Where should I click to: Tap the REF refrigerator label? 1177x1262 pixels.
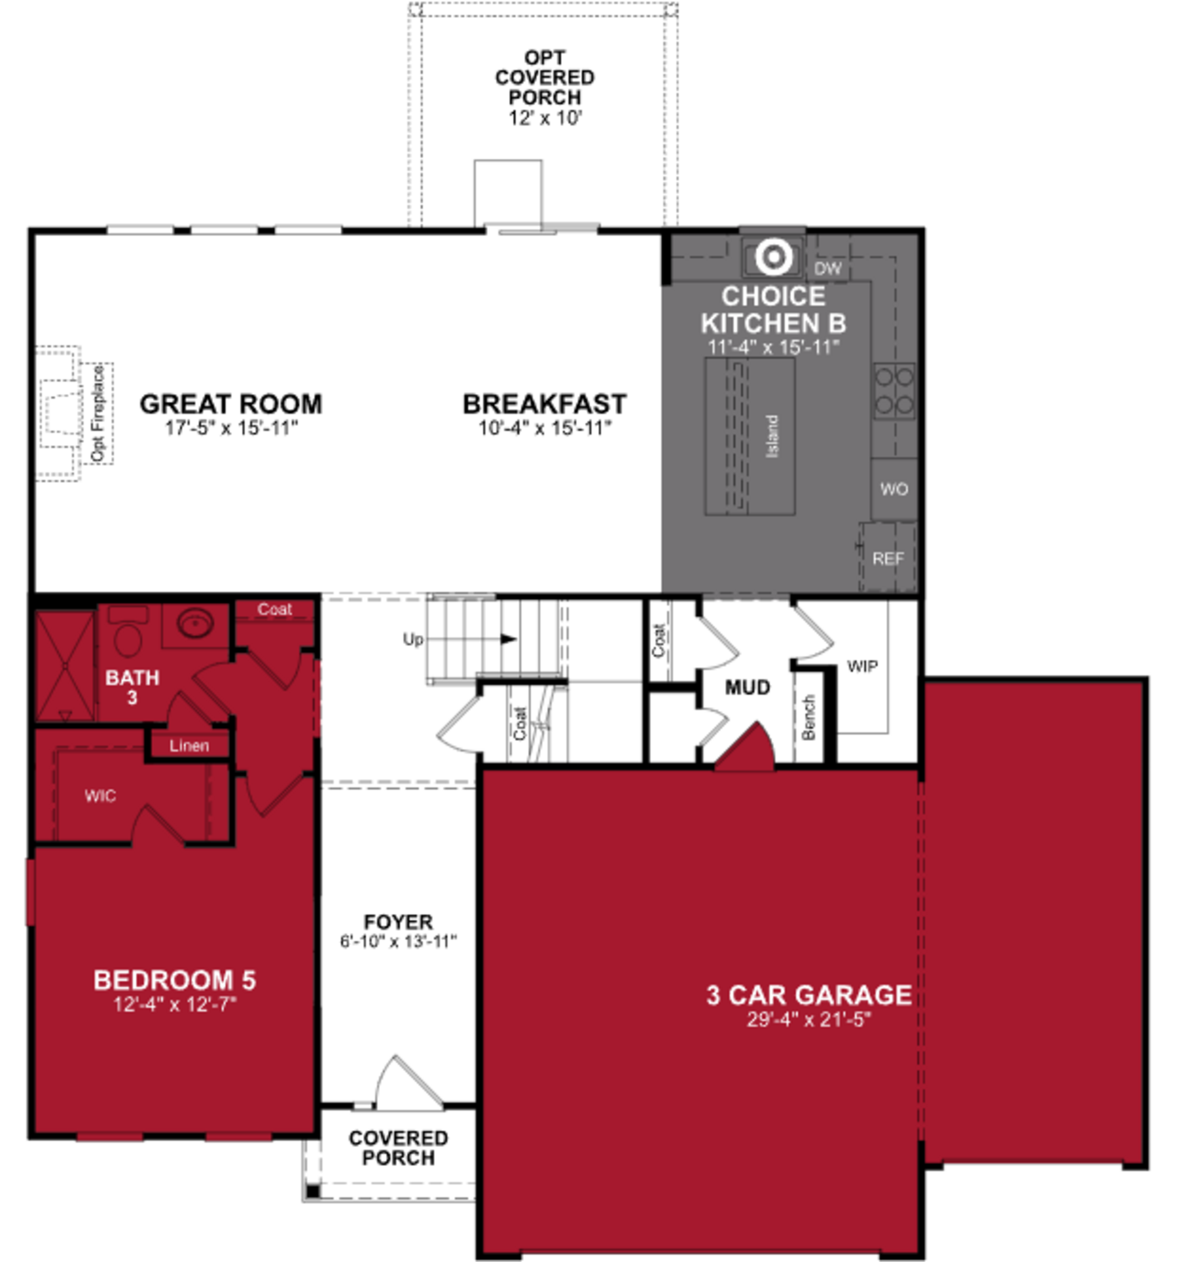[888, 559]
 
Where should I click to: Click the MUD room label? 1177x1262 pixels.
[747, 687]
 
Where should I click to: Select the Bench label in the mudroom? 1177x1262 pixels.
[808, 717]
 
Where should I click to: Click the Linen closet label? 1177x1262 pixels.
[189, 745]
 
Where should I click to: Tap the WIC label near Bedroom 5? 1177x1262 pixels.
[100, 796]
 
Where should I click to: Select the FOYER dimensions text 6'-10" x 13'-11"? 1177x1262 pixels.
[398, 941]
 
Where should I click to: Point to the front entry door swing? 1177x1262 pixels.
[406, 1085]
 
